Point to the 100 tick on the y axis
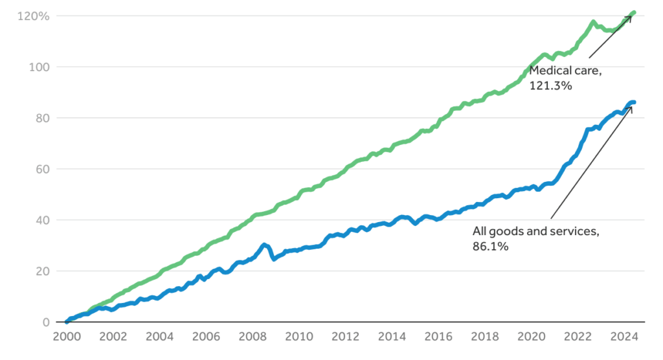[x=38, y=67]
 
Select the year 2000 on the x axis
[x=66, y=337]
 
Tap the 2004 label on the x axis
[x=159, y=337]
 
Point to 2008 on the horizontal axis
[x=252, y=337]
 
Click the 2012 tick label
[x=344, y=337]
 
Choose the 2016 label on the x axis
[x=438, y=337]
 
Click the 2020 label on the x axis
[x=530, y=337]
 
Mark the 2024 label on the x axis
[x=624, y=337]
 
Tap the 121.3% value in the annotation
[x=551, y=85]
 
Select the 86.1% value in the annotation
[x=490, y=247]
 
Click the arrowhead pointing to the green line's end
[x=629, y=17]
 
